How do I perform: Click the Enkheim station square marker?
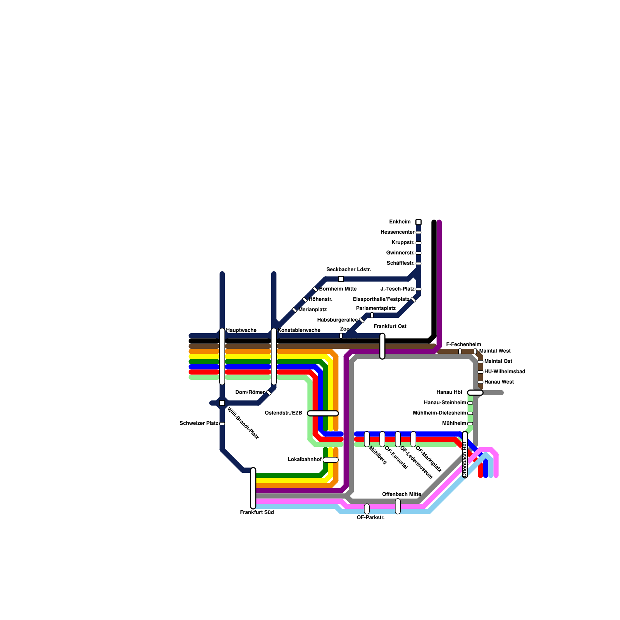pos(418,222)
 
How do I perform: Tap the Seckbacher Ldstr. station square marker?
pos(341,279)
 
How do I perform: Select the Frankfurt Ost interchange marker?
pos(382,346)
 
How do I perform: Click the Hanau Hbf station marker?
pos(475,393)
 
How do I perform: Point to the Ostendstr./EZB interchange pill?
pos(323,413)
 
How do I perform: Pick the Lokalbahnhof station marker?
pos(331,460)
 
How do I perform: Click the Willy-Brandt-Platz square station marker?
pos(222,403)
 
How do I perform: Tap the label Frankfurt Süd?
pos(257,512)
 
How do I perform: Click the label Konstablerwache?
pos(299,330)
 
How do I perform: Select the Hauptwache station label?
pos(241,330)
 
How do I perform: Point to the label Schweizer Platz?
pos(199,423)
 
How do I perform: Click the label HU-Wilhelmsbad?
pos(505,372)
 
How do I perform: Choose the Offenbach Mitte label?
pos(401,494)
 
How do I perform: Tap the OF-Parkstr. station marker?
pos(367,509)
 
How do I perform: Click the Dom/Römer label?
pos(250,392)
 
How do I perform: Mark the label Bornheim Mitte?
pos(338,289)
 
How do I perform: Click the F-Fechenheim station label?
pos(463,344)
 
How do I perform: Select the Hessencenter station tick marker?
pos(418,232)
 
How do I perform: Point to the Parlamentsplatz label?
pos(375,308)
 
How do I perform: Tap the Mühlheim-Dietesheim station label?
pos(439,413)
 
